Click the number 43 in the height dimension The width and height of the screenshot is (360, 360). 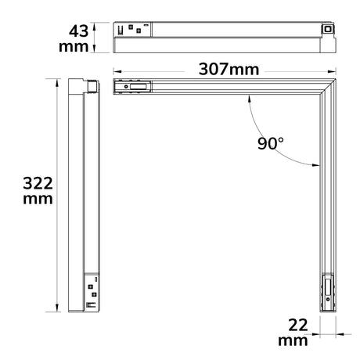78,31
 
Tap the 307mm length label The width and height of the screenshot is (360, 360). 229,70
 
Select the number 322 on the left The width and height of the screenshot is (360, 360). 38,183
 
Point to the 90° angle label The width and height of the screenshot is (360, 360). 270,143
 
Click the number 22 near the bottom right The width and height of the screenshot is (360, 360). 298,326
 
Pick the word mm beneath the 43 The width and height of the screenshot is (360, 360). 74,47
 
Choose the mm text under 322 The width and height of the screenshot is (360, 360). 38,199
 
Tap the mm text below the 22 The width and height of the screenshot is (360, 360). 293,341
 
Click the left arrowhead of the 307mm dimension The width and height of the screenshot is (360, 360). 117,71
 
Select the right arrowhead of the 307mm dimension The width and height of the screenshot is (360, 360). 332,71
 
